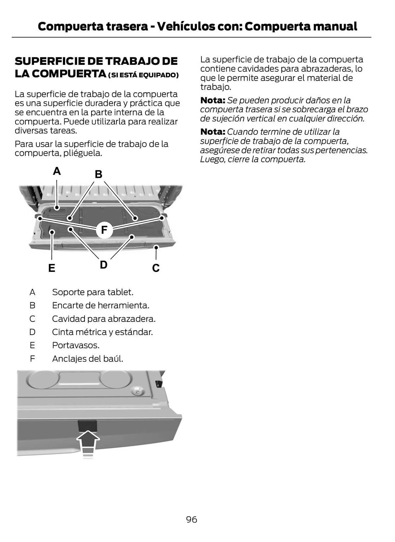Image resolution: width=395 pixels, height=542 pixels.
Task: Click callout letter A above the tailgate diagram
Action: click(57, 171)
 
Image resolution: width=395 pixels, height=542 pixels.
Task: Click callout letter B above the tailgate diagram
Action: click(98, 174)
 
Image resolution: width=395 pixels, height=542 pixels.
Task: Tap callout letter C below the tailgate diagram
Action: click(156, 268)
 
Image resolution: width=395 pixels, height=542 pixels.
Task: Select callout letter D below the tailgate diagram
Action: click(104, 265)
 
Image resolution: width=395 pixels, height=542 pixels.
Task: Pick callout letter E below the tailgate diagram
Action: click(52, 268)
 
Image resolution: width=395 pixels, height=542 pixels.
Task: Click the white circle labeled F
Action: click(104, 230)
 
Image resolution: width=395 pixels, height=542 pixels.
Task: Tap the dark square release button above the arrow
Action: click(87, 425)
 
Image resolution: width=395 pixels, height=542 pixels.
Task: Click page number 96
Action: click(191, 520)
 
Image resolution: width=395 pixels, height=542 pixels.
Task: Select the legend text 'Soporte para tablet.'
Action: click(92, 292)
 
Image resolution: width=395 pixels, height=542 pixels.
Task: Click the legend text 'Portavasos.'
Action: click(76, 345)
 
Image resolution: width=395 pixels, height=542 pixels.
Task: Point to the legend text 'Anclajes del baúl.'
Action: click(87, 359)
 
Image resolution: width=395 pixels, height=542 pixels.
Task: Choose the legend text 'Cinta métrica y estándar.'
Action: click(102, 332)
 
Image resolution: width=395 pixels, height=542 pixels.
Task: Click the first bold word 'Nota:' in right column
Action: click(213, 100)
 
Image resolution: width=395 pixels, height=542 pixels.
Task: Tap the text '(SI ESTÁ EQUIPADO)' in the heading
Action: click(143, 75)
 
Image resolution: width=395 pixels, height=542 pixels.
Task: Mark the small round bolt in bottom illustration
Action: click(137, 392)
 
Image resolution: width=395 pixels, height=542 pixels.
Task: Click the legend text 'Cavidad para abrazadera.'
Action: click(104, 319)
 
